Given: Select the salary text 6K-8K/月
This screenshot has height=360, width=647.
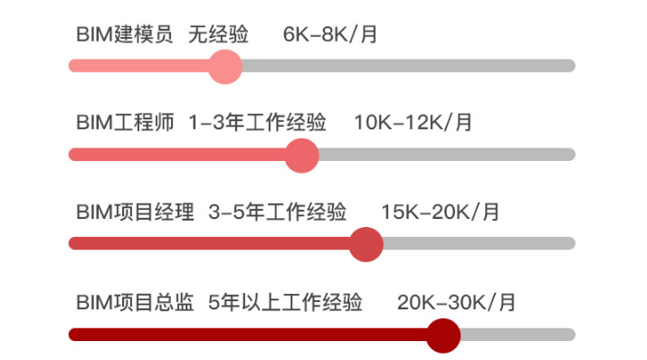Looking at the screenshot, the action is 329,35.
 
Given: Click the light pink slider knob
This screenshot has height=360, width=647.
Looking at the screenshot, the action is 224,66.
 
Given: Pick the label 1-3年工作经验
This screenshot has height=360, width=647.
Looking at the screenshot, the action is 258,123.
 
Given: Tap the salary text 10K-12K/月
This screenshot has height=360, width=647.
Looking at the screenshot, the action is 413,123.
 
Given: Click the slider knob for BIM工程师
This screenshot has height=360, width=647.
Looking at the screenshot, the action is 302,155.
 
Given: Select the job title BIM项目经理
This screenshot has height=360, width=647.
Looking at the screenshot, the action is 135,213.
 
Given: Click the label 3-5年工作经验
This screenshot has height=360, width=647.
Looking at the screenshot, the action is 278,213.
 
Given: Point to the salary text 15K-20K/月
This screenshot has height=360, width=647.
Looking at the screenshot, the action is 440,213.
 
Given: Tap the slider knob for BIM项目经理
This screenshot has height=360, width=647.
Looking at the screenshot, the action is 366,244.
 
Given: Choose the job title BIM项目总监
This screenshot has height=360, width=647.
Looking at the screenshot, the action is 135,302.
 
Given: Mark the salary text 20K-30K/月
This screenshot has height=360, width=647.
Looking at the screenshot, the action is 456,302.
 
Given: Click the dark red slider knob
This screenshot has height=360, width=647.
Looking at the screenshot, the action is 442,335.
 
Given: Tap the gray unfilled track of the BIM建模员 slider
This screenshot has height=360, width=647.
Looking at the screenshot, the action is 407,66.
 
